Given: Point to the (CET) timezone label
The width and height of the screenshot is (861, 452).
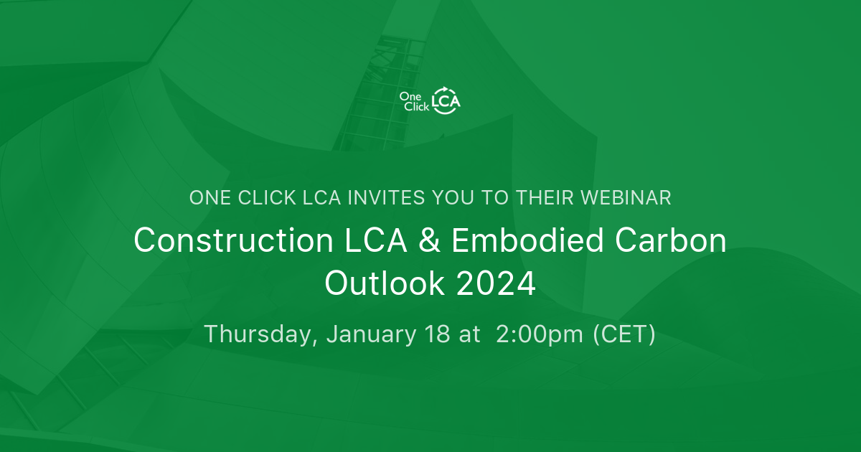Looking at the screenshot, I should pyautogui.click(x=624, y=334).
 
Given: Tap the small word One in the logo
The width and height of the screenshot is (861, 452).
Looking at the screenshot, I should pyautogui.click(x=409, y=95).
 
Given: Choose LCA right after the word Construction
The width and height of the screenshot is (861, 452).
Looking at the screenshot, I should pyautogui.click(x=363, y=241).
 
